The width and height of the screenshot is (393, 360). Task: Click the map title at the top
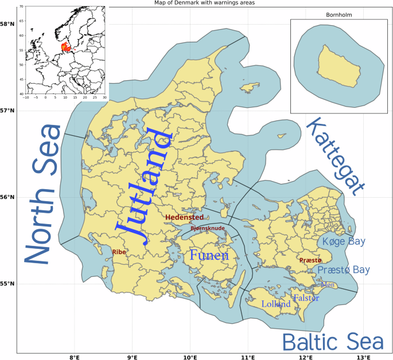coord(196,3)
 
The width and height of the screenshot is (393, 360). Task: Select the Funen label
coord(209,256)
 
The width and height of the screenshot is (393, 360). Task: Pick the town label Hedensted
coord(184,217)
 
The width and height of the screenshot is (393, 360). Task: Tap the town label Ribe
coord(119,252)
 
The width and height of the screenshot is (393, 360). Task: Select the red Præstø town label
coord(310,260)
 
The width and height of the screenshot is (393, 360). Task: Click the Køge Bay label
coord(343,242)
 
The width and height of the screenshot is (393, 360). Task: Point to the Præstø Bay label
coord(344,269)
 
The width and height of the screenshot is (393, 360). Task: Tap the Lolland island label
coord(276,304)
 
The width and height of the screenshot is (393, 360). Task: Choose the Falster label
coord(306,298)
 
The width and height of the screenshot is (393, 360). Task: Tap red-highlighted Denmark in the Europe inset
coord(65,48)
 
